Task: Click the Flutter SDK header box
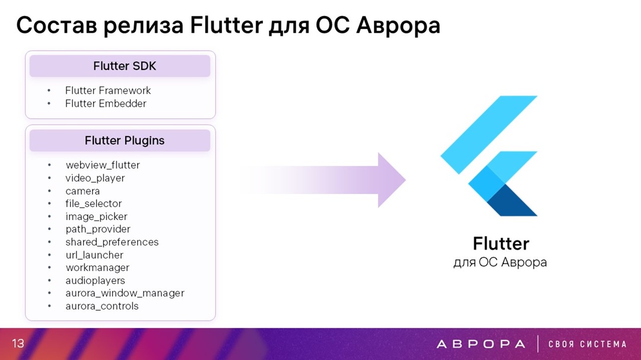click(120, 66)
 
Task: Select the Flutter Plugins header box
click(120, 141)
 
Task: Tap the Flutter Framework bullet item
click(108, 90)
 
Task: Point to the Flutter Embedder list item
click(106, 103)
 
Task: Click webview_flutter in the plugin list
click(103, 165)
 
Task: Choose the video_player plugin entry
click(95, 178)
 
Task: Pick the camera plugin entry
click(82, 191)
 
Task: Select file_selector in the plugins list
click(94, 203)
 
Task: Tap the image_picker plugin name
click(97, 216)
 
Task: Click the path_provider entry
click(98, 230)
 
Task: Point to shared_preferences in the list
click(112, 242)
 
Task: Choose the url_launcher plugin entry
click(94, 255)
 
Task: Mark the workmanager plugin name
click(97, 267)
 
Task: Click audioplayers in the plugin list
click(95, 281)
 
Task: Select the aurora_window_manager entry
click(125, 294)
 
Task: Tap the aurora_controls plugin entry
click(102, 306)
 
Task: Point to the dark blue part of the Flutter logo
click(512, 202)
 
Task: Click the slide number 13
click(18, 343)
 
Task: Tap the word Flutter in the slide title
click(227, 26)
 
